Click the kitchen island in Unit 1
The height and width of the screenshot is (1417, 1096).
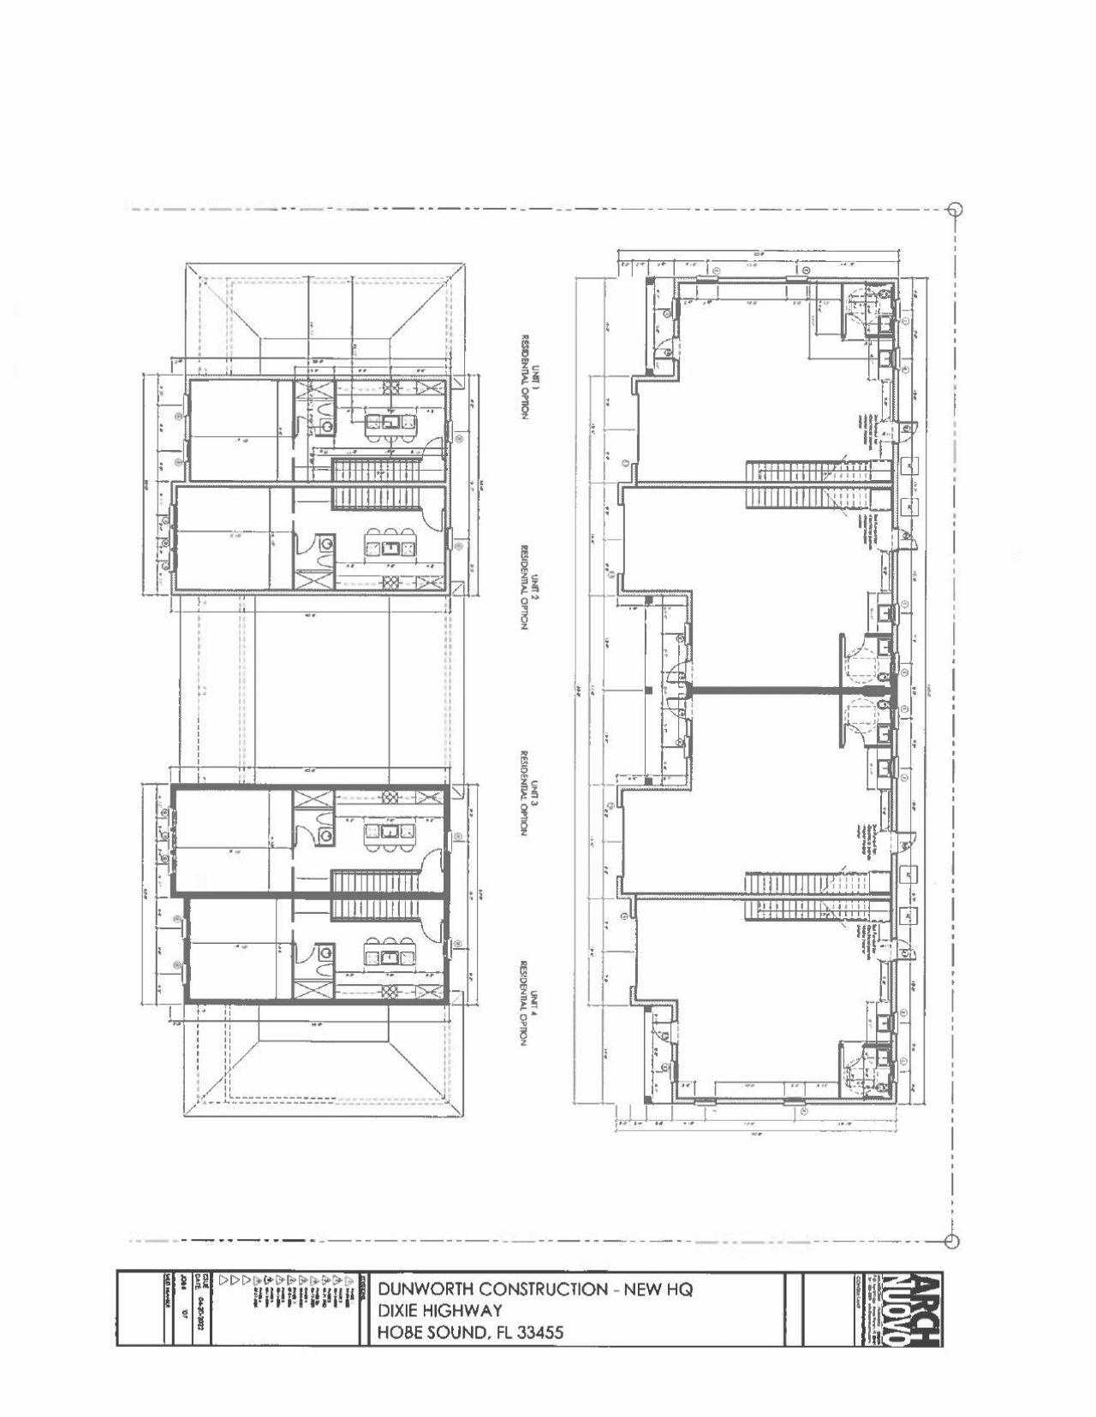(389, 422)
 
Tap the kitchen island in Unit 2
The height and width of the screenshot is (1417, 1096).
(389, 544)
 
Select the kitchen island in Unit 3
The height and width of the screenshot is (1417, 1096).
(389, 832)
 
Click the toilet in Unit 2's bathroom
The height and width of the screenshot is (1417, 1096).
(326, 542)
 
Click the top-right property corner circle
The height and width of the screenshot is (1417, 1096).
(956, 210)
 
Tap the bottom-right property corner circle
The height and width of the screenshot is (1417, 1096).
(950, 1241)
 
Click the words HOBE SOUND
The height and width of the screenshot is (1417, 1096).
(429, 1332)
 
